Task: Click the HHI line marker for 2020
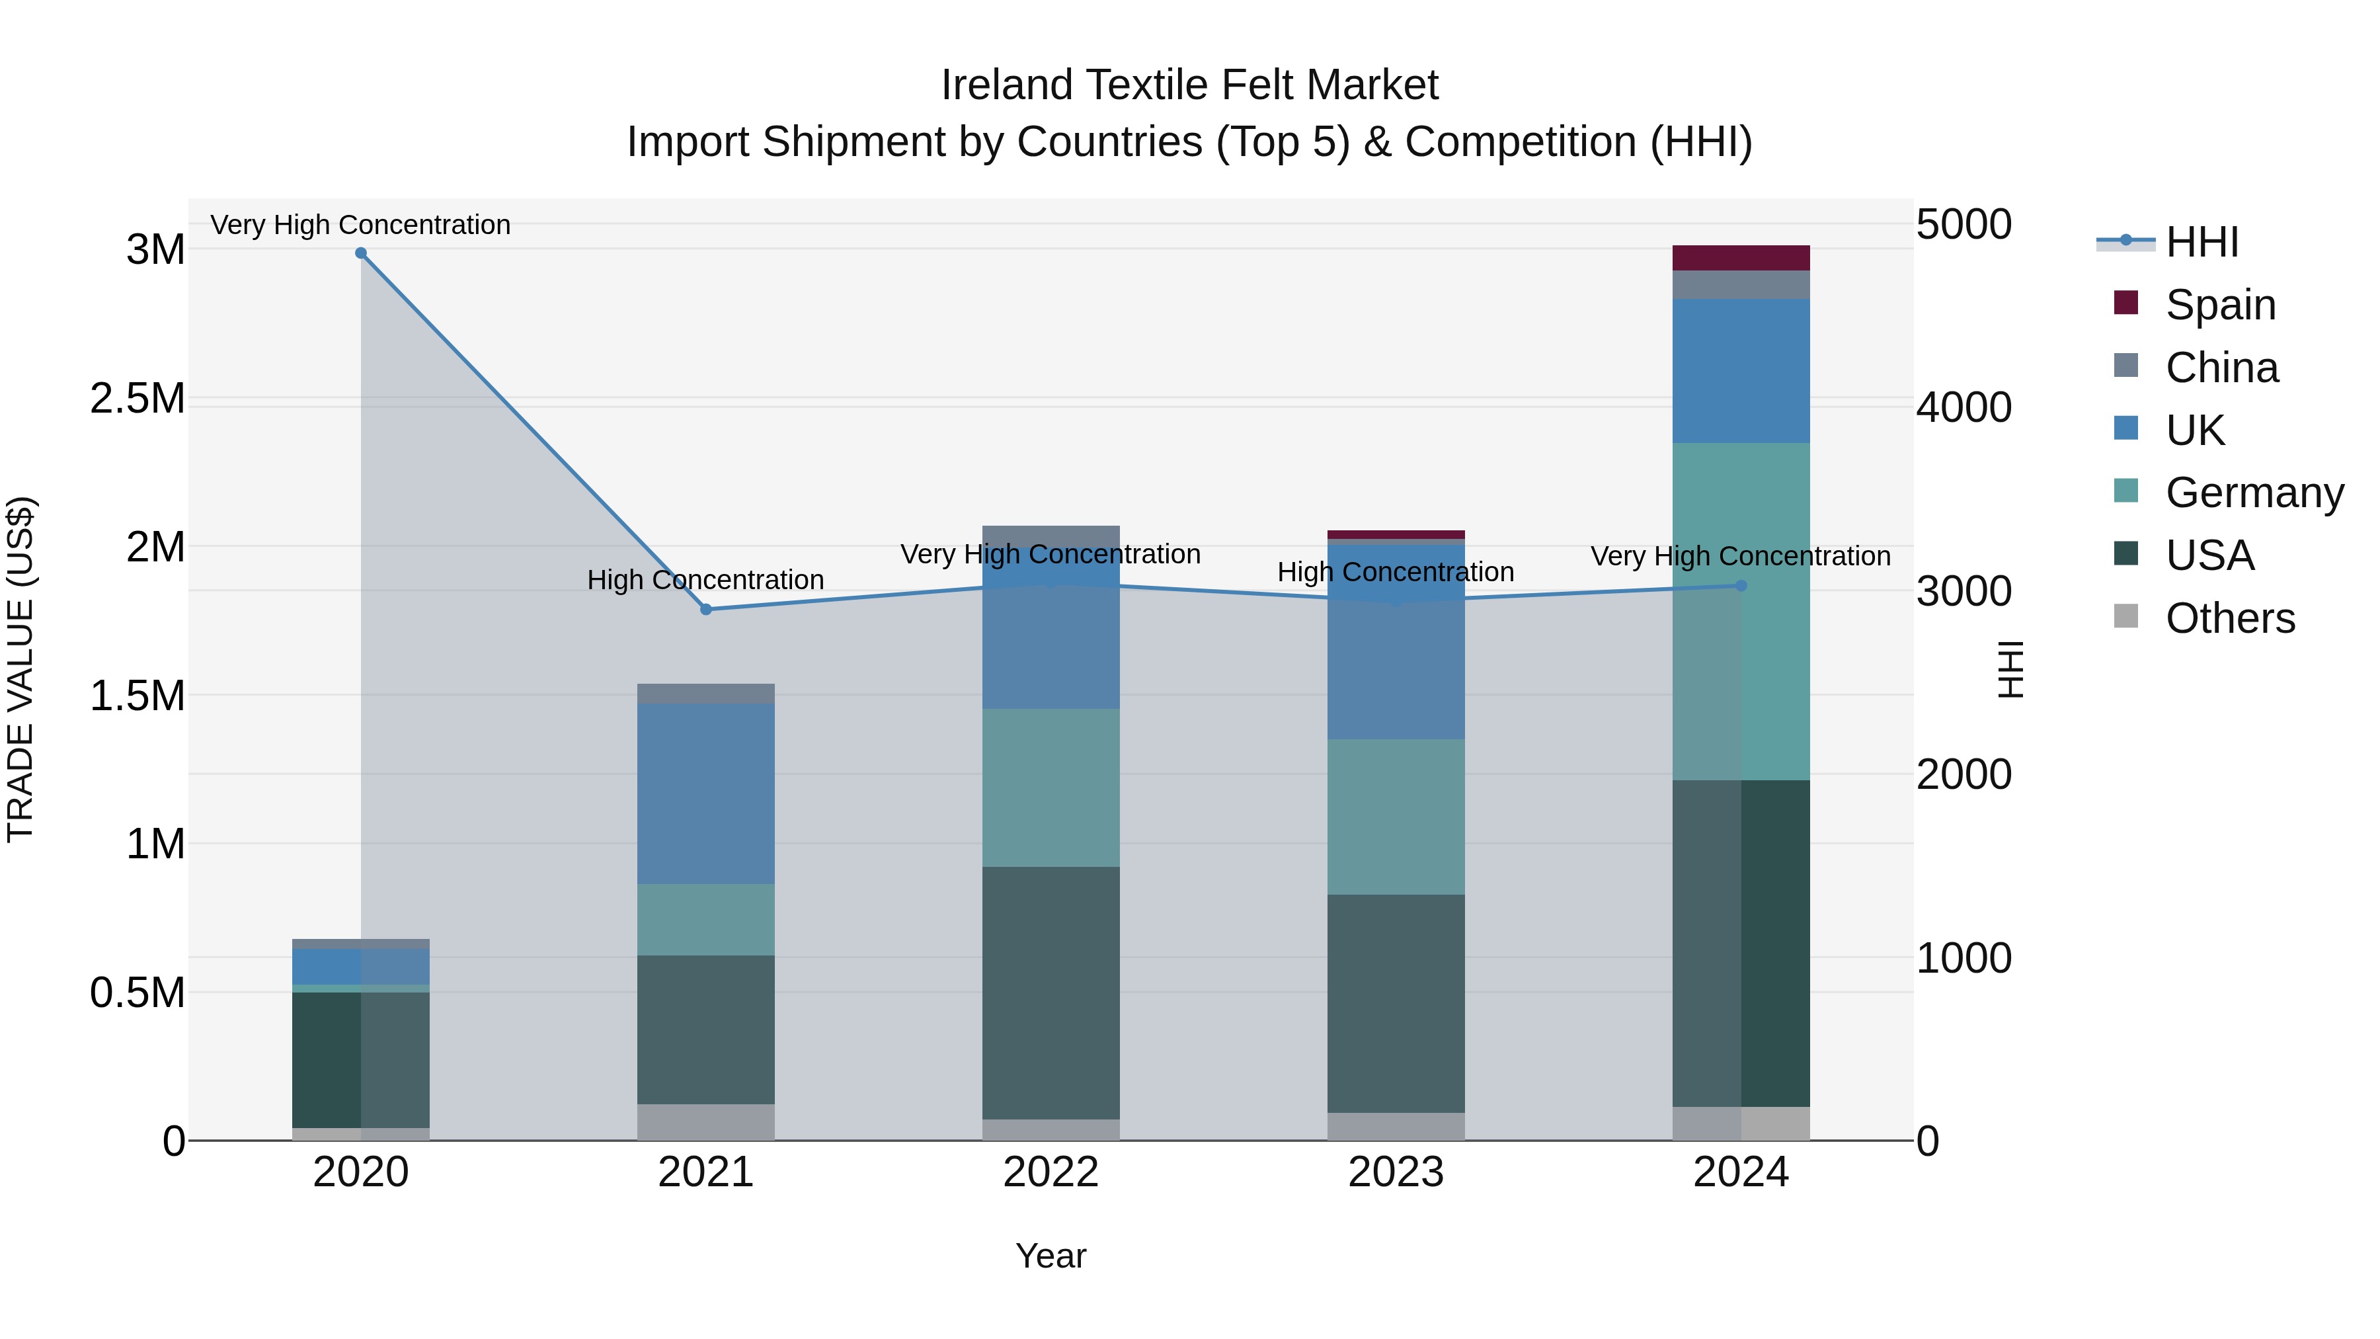coord(361,253)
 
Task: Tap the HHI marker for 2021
coord(706,609)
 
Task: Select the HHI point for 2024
coord(1741,585)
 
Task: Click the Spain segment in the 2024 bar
coord(1741,258)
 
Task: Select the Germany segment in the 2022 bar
coord(1051,788)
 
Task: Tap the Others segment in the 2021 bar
coord(706,1122)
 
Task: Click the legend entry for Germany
coord(2254,493)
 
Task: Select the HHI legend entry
coord(2201,242)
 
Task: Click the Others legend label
coord(2229,618)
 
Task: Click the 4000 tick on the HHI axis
coord(1963,407)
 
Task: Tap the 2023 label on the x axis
coord(1395,1172)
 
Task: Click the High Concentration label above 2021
coord(706,581)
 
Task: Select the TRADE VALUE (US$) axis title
coord(20,669)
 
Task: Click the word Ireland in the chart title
coord(1006,85)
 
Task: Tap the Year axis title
coord(1051,1256)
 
